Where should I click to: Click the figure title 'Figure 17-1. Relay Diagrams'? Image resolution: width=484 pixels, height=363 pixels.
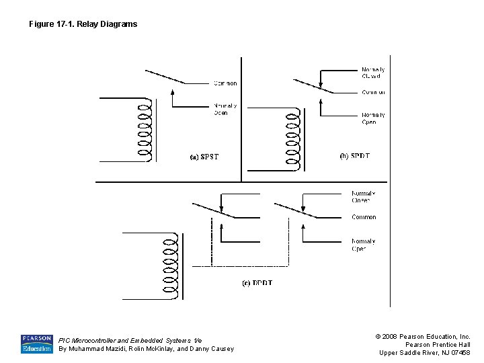83,24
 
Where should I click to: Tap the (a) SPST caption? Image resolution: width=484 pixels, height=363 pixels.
204,157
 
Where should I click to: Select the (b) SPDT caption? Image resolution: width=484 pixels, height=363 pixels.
354,156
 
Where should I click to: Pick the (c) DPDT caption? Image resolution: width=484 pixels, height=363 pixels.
257,283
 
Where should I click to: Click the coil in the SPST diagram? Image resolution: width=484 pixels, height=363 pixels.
143,132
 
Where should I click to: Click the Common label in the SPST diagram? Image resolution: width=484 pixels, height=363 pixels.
225,83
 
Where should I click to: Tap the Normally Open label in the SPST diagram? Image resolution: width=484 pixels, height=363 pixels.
225,109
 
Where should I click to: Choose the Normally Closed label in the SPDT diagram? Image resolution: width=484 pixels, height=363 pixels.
373,73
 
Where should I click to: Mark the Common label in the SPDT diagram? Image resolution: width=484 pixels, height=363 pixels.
373,92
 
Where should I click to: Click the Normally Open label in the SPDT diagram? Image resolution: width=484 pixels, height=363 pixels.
373,118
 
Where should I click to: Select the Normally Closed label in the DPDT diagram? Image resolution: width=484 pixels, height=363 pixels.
362,197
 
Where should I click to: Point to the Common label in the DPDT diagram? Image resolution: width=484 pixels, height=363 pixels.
364,217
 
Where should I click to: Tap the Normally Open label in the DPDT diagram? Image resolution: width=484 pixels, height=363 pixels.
363,245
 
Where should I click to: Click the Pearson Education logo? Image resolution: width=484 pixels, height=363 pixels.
36,344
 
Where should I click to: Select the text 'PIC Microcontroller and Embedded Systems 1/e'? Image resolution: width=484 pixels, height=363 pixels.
130,340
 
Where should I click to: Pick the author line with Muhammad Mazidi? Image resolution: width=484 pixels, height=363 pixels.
146,349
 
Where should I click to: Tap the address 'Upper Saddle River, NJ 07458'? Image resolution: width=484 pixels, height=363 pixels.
424,353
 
